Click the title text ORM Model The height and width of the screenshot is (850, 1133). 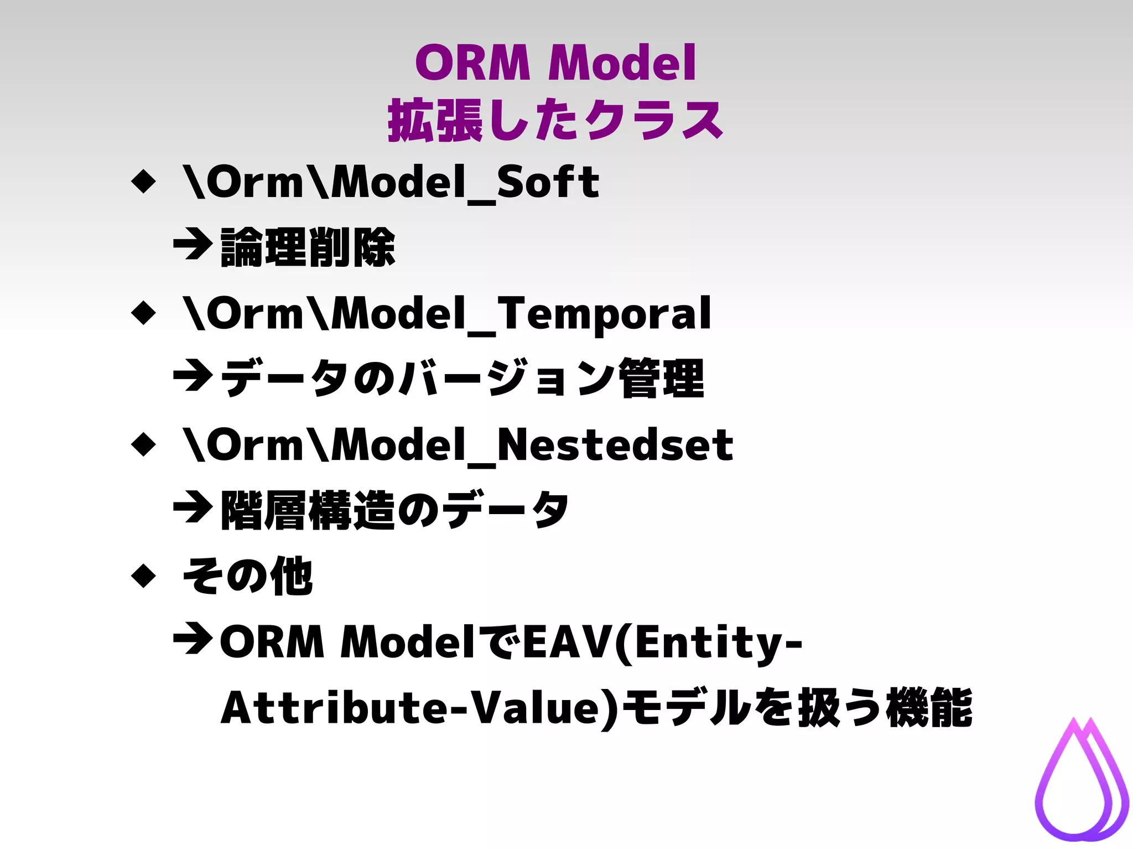(555, 64)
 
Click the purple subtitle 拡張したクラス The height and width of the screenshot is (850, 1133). (555, 121)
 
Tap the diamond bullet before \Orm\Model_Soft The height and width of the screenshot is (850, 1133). (144, 181)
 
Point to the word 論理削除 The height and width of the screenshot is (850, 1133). (308, 247)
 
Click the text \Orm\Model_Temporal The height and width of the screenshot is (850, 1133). (447, 314)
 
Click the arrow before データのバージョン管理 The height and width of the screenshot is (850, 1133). (193, 376)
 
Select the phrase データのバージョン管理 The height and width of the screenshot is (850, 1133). (462, 379)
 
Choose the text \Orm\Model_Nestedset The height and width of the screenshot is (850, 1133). (458, 445)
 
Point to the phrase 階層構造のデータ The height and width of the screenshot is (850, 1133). (394, 510)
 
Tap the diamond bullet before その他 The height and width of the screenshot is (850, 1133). (144, 576)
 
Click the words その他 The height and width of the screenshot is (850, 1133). (248, 577)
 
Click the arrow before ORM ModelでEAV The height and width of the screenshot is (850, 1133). (193, 639)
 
